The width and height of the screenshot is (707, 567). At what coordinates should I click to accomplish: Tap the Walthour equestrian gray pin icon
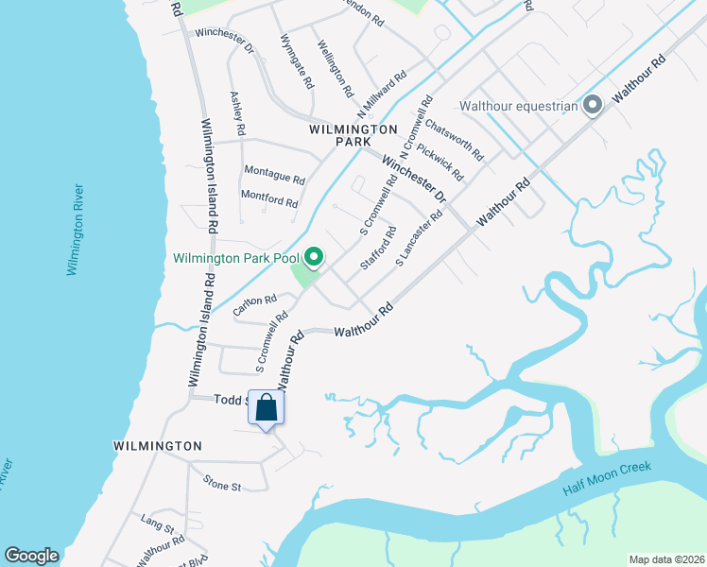pos(593,105)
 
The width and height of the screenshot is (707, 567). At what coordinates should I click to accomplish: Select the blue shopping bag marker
pos(267,408)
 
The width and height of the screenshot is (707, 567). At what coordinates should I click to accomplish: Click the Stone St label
pos(223,484)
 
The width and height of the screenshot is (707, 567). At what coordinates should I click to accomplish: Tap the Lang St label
pos(158,522)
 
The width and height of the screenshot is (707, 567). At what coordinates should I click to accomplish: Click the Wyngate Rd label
pos(296,61)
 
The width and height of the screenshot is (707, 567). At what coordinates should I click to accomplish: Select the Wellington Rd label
pos(336,69)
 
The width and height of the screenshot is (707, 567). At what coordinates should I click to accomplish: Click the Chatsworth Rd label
pos(455,138)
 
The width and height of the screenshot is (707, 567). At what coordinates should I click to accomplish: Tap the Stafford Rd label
pos(377,247)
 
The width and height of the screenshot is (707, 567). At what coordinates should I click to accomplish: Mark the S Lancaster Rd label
pos(420,237)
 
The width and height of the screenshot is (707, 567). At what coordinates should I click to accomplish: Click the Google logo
pos(31,556)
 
